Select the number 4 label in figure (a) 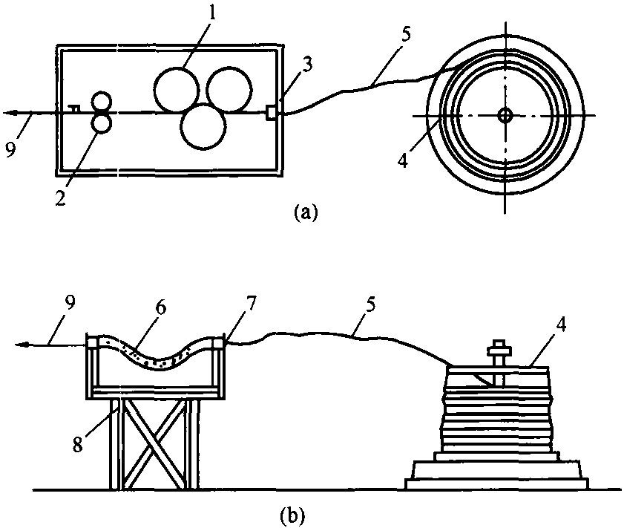coord(404,160)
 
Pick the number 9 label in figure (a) coord(10,149)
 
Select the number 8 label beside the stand coord(77,443)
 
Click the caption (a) coord(306,212)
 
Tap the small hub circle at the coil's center coord(505,116)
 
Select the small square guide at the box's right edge coord(271,112)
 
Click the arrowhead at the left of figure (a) coord(10,114)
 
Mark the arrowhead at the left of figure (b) coord(21,345)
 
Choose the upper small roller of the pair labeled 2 coord(101,101)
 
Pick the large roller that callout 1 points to coord(177,89)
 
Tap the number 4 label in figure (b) coord(560,325)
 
